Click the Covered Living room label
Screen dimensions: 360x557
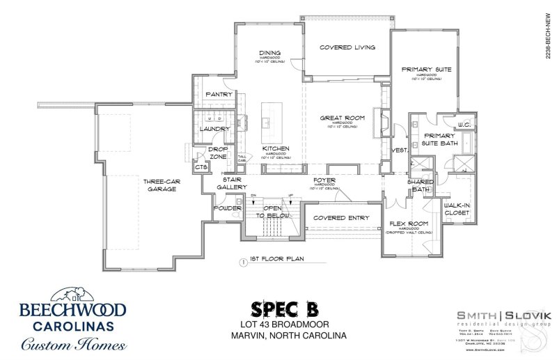347,47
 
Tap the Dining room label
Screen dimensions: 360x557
269,53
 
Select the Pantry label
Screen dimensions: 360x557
218,94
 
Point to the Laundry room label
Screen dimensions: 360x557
210,129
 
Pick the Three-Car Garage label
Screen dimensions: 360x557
159,185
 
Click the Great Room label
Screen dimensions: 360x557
339,118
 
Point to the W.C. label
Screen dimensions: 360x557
464,125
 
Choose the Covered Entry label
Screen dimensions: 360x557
341,218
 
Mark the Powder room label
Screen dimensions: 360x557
226,207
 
